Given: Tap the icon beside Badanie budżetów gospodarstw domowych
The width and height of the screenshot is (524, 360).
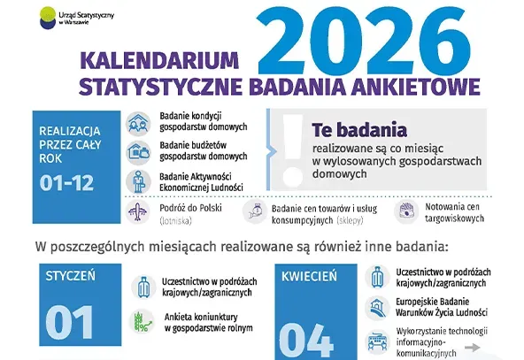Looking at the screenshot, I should click(139, 151).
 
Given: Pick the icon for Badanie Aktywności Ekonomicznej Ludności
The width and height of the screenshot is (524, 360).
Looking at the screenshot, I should click(139, 181).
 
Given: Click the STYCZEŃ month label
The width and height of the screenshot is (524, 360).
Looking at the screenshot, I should click(70, 276).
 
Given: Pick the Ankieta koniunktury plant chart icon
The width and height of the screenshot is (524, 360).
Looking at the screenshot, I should click(140, 321).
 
